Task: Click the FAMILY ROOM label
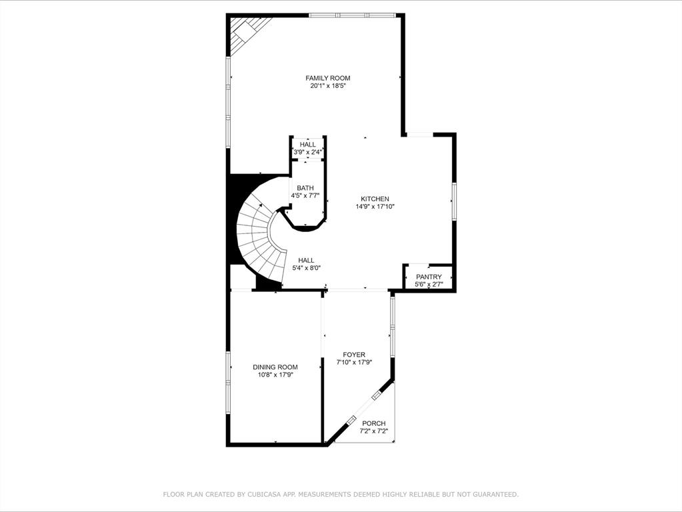[327, 78]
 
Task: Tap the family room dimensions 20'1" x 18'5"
[327, 86]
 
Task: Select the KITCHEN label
[375, 199]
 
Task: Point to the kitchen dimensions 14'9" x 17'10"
[375, 207]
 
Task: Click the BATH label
[305, 188]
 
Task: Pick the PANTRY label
[429, 277]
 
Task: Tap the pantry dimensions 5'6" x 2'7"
[429, 285]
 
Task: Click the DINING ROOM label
[275, 367]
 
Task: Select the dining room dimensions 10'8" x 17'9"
[275, 375]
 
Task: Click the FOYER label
[354, 355]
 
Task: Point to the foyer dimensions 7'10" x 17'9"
[354, 363]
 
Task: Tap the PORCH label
[374, 423]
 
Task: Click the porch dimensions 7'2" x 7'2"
[374, 431]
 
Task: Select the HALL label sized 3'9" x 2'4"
[308, 145]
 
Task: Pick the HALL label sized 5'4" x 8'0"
[306, 260]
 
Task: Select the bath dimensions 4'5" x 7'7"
[305, 196]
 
